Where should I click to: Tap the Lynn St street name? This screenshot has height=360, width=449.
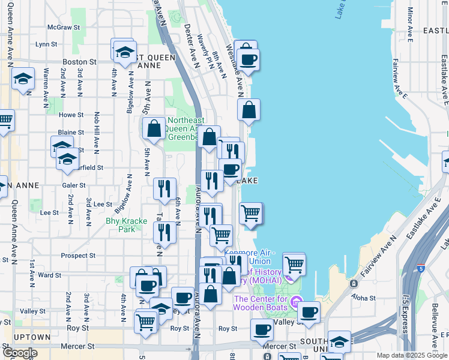[x=46, y=44]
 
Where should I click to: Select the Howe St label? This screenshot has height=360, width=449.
[x=71, y=115]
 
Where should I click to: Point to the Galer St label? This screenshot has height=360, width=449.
[x=74, y=185]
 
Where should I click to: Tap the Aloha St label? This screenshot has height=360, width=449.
[x=363, y=298]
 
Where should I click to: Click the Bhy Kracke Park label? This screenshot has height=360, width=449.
[x=126, y=225]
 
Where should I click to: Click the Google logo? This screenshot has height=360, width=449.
[x=20, y=353]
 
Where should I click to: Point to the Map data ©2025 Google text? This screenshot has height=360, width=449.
[x=411, y=355]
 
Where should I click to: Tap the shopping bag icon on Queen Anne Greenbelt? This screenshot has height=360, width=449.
[x=154, y=128]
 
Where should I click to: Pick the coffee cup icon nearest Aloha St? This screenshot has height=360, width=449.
[x=309, y=312]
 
